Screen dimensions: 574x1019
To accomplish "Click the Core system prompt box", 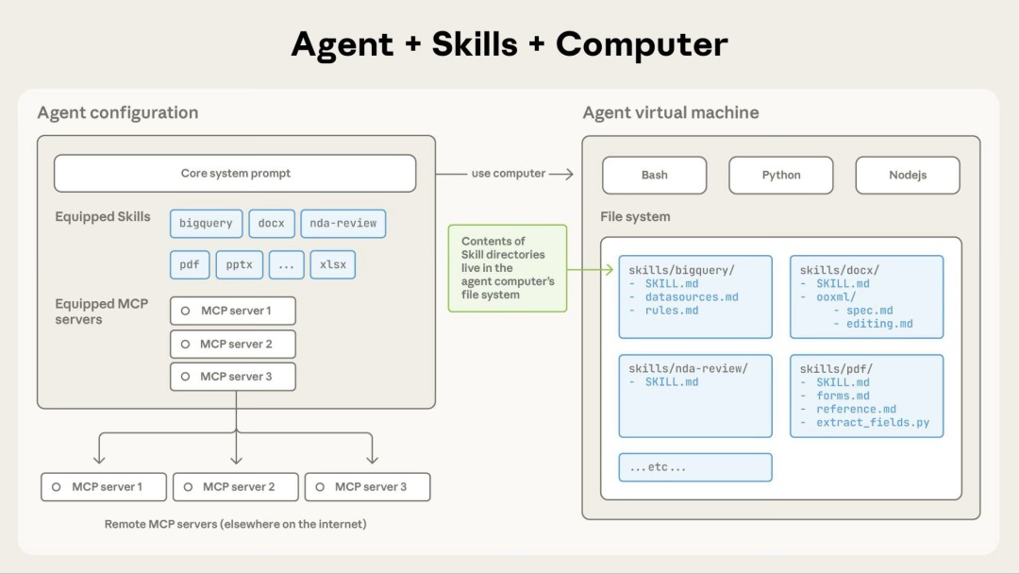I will (x=235, y=174).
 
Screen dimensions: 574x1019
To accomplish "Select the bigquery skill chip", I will (x=206, y=224).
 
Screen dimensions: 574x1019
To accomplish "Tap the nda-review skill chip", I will (x=342, y=224).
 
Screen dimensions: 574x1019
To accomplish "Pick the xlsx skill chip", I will (x=333, y=264).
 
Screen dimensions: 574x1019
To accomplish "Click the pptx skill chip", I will (x=240, y=264).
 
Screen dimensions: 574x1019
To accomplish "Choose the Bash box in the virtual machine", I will (x=654, y=175).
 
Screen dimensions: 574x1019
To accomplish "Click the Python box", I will (x=780, y=175).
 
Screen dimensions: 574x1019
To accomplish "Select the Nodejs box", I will (x=907, y=175).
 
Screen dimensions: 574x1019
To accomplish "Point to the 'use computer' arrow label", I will (x=509, y=174).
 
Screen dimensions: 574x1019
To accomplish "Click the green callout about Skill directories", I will (x=508, y=268).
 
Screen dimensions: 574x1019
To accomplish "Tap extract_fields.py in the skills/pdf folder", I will (x=873, y=422).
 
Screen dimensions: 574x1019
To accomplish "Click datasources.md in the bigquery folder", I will (x=692, y=296).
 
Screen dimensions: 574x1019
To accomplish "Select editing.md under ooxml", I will (x=879, y=323).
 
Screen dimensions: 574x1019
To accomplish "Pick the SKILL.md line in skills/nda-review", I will (x=672, y=382).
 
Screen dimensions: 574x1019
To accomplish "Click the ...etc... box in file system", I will (x=695, y=467).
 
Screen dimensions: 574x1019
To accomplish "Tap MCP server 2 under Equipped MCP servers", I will (x=233, y=344).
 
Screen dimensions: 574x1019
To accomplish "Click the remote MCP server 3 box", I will (x=367, y=487).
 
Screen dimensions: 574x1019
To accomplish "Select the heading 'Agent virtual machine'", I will (x=670, y=112).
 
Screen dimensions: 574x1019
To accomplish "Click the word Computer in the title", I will (x=642, y=44).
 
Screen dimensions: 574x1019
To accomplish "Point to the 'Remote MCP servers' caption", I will (x=235, y=523).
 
